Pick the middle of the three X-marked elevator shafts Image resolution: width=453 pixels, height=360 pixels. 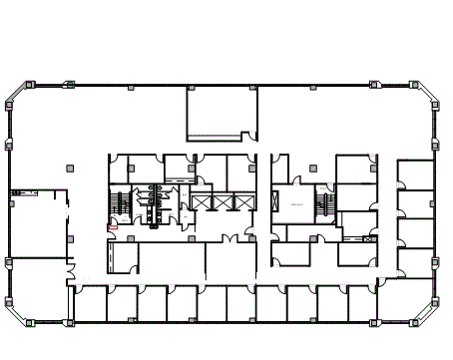[x=221, y=202]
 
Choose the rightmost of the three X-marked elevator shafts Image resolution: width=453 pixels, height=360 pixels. [x=239, y=202]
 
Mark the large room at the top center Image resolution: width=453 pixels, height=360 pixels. [x=222, y=113]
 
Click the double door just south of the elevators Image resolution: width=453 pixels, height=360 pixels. [x=231, y=238]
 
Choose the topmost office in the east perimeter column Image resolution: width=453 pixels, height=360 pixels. [x=414, y=174]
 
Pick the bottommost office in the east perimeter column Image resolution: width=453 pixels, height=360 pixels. [x=414, y=260]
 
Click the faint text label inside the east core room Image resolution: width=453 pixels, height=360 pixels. [x=295, y=203]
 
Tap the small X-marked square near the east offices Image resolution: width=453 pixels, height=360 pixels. [x=369, y=239]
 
